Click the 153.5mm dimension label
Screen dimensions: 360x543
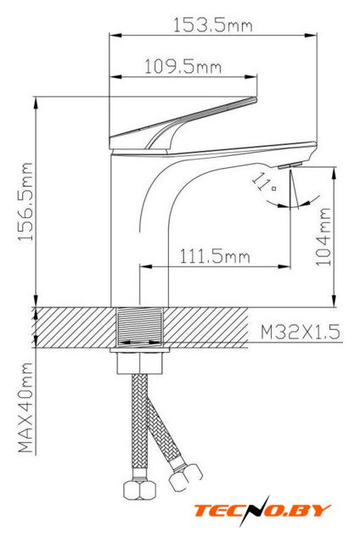(213, 25)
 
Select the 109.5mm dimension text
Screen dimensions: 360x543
(183, 66)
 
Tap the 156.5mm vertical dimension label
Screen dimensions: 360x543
(26, 202)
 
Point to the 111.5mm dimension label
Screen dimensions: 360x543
(215, 256)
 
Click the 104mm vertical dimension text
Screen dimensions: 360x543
(323, 237)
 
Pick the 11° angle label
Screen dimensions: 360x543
(264, 183)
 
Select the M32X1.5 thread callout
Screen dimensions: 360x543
(301, 332)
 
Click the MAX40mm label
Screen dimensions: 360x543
(26, 407)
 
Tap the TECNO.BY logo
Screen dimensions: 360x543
(262, 510)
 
